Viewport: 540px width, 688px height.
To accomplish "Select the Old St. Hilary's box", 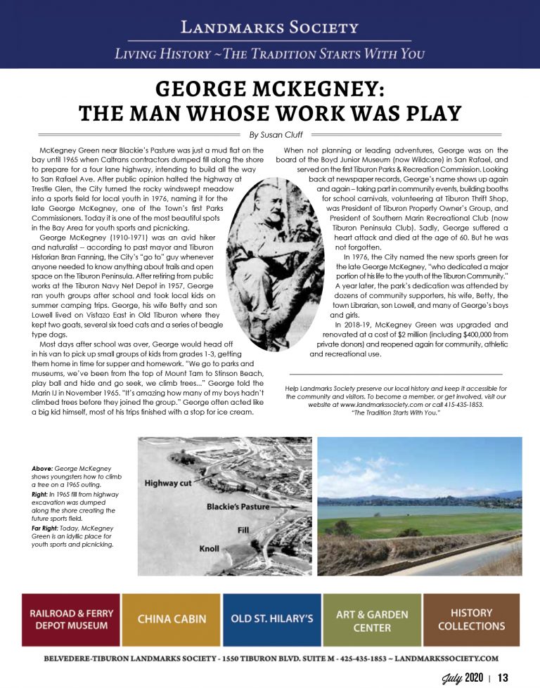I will click(272, 619).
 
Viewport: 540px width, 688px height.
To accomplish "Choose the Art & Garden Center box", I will click(372, 619).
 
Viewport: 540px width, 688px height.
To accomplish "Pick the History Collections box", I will click(471, 619).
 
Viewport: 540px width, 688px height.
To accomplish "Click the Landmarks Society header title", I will click(269, 27).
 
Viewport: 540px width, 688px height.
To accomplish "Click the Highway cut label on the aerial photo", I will click(169, 483).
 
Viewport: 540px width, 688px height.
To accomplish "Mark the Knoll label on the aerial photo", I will click(210, 546).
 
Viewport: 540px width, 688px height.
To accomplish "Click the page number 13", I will click(502, 677).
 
